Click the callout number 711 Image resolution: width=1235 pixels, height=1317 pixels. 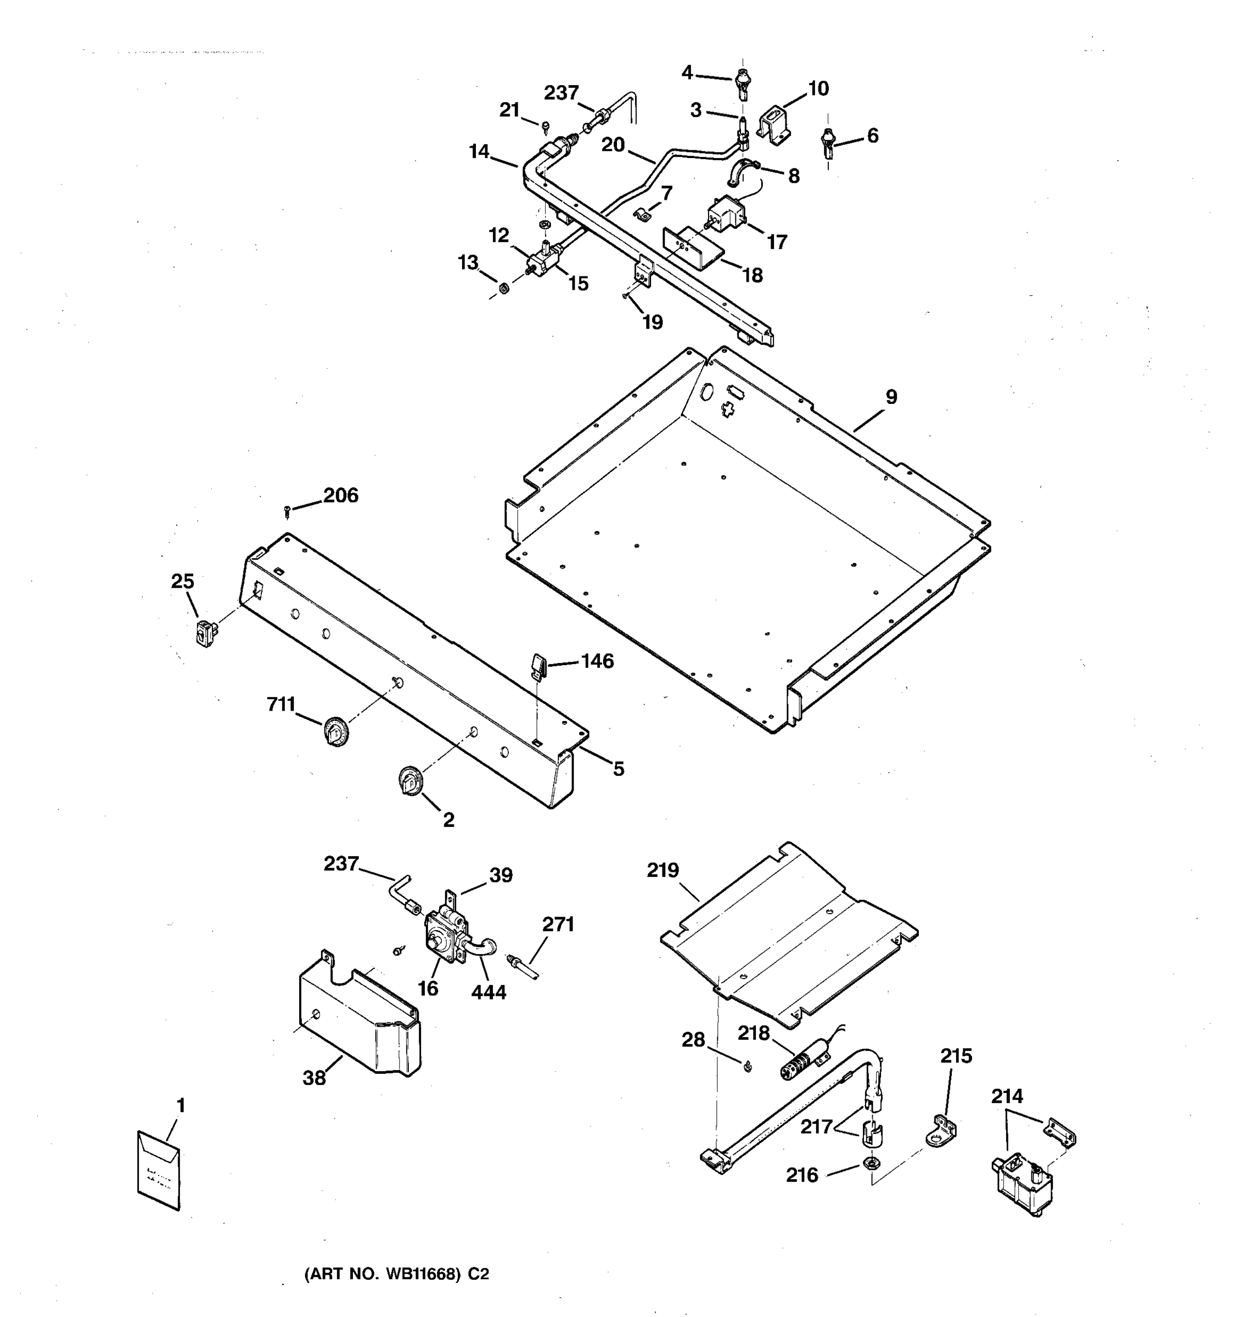coord(281,704)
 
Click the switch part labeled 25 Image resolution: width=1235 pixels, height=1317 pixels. coord(205,632)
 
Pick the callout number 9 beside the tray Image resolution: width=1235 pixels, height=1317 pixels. coord(891,397)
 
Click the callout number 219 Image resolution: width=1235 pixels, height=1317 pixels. coord(663,870)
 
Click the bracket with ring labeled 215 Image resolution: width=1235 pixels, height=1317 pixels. coord(941,1132)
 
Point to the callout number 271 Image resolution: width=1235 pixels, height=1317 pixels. coord(558,924)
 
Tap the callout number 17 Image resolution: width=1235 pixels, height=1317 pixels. coord(777,243)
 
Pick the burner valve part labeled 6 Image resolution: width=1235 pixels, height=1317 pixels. coord(828,141)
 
